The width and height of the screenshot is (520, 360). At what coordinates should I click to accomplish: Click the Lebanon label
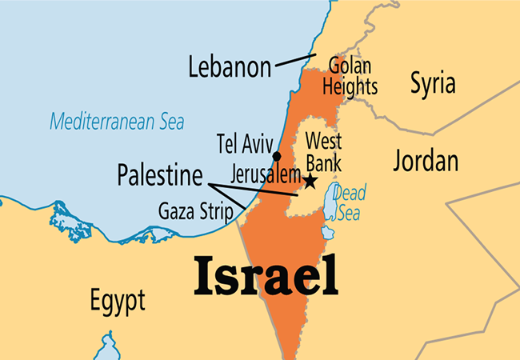click(x=230, y=66)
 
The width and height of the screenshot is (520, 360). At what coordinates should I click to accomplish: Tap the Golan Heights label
click(x=353, y=76)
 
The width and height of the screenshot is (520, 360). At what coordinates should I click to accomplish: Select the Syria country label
click(x=433, y=82)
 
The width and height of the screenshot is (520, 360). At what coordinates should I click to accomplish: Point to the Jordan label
click(x=426, y=160)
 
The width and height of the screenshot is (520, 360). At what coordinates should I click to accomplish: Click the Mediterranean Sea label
click(x=117, y=122)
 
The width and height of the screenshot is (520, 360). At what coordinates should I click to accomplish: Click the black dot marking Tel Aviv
click(x=276, y=155)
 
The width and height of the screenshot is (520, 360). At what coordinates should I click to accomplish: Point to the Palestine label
click(x=158, y=174)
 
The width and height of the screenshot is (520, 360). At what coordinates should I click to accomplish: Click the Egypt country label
click(x=118, y=301)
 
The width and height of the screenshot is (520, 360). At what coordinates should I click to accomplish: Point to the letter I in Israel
click(x=202, y=276)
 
